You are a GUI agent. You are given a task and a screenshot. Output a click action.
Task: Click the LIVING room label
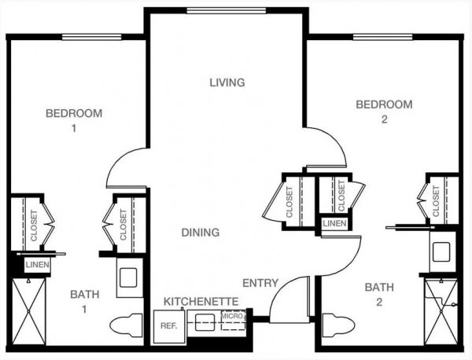227,83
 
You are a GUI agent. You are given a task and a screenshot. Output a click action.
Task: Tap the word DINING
201,233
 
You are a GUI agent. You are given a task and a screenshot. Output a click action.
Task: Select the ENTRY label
260,283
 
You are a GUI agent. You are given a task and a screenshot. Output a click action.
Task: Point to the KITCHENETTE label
201,301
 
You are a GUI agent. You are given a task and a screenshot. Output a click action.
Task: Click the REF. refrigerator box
170,327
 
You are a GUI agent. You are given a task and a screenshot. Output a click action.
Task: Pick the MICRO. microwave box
233,320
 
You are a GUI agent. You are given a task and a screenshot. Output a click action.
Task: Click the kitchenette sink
205,322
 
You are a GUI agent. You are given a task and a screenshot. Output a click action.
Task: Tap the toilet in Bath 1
126,325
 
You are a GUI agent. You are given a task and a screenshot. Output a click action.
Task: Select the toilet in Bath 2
338,325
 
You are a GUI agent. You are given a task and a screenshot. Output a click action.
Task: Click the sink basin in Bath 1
128,277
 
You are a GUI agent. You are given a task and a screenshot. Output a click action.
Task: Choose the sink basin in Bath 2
441,252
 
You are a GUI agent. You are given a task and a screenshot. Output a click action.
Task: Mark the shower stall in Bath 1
28,311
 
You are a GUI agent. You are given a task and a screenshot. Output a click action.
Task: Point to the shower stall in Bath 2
441,312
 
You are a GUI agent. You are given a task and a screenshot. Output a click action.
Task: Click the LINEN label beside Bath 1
37,265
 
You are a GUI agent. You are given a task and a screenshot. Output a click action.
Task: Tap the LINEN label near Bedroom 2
334,223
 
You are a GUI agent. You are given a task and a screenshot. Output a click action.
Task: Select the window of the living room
226,11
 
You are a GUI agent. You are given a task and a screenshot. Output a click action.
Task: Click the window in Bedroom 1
92,37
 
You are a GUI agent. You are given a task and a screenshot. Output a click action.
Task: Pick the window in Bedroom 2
382,37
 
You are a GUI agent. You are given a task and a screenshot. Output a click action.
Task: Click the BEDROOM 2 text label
385,112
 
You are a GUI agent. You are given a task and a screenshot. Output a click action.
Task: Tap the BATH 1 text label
85,302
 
